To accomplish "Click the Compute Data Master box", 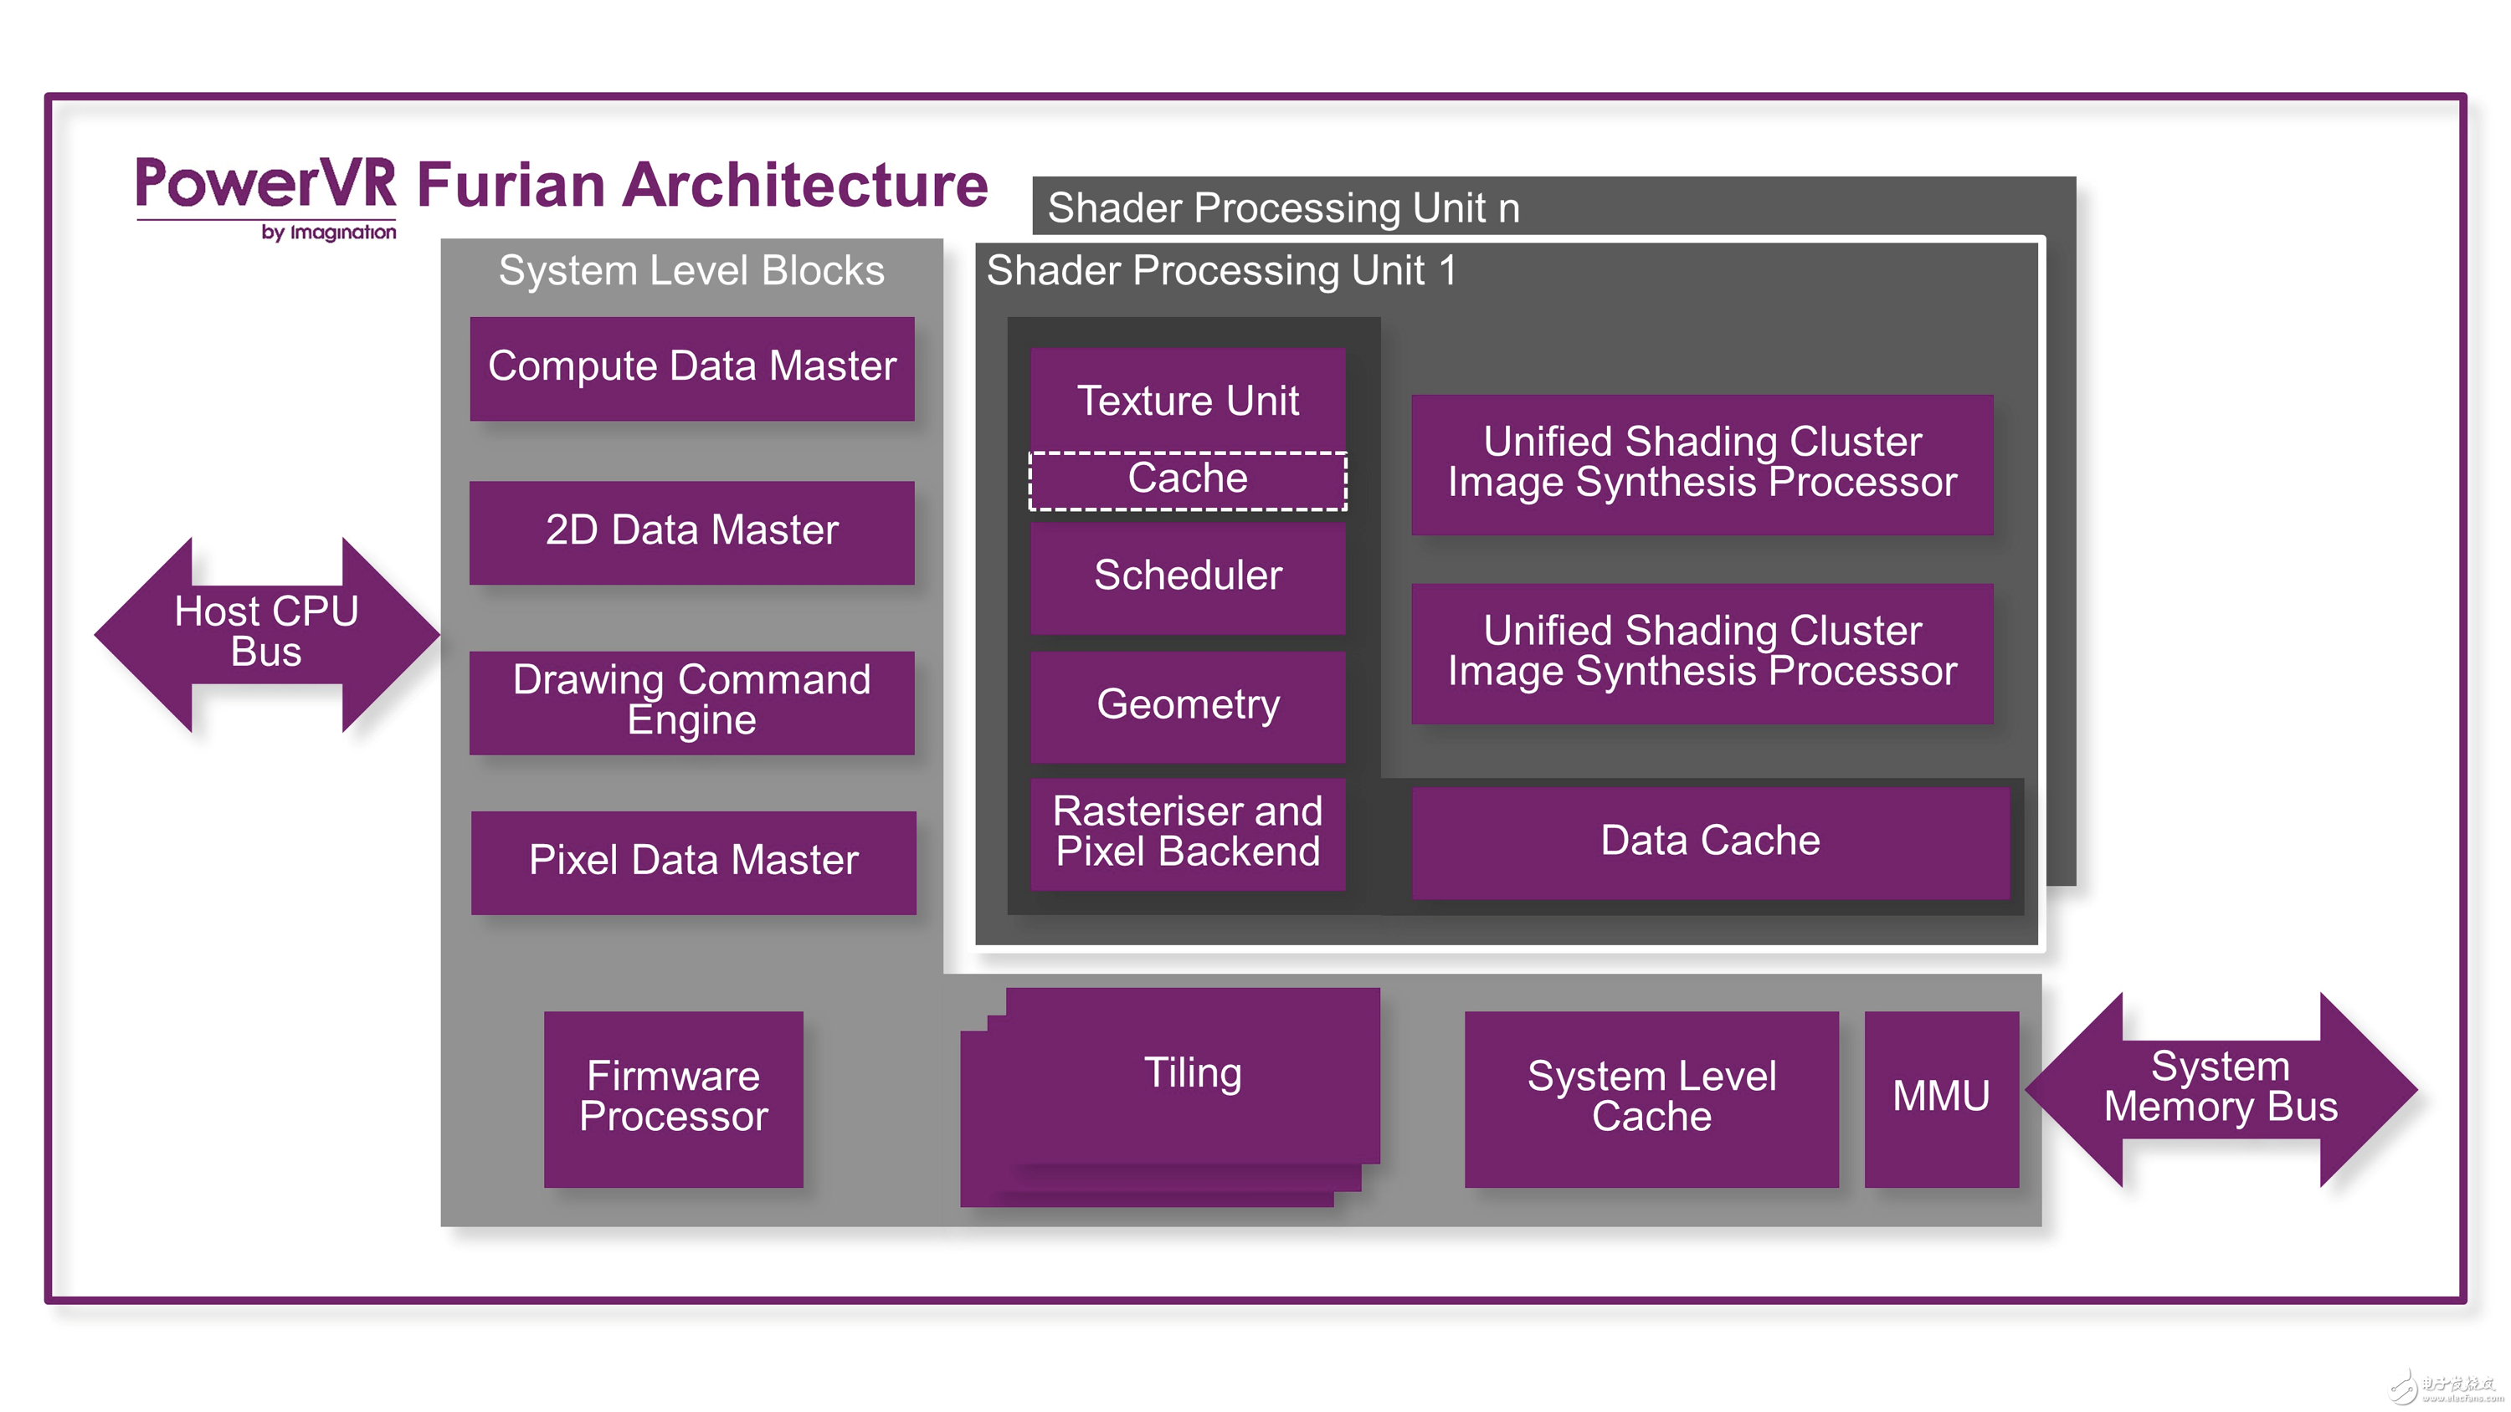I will click(x=691, y=367).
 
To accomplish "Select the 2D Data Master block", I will click(x=691, y=531).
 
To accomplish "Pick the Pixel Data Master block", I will click(x=693, y=861).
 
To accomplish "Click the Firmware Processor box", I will click(x=673, y=1097).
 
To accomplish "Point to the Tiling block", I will click(x=1191, y=1074).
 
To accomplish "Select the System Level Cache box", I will click(x=1651, y=1097).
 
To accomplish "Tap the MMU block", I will click(x=1940, y=1097).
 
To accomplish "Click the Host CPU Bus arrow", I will click(x=266, y=632).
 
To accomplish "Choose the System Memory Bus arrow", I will click(x=2220, y=1088).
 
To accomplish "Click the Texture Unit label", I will click(x=1186, y=401).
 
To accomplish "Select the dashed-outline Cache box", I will click(x=1186, y=479).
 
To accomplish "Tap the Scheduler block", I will click(x=1186, y=576).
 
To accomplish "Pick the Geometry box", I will click(x=1186, y=704).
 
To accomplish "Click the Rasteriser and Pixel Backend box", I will click(x=1186, y=832).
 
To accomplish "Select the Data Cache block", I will click(x=1709, y=841).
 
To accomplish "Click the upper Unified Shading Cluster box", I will click(x=1701, y=463).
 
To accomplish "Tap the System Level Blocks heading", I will click(x=691, y=271).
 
